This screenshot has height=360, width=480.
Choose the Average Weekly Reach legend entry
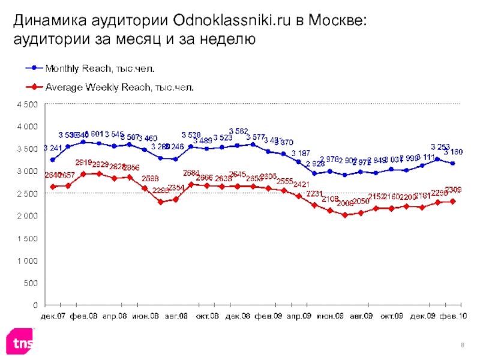120,87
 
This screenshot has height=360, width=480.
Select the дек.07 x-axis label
53,314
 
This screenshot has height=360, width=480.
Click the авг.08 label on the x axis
175,314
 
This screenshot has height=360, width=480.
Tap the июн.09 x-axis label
329,314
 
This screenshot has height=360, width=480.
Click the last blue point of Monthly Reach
452,163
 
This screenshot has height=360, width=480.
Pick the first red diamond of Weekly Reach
53,187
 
